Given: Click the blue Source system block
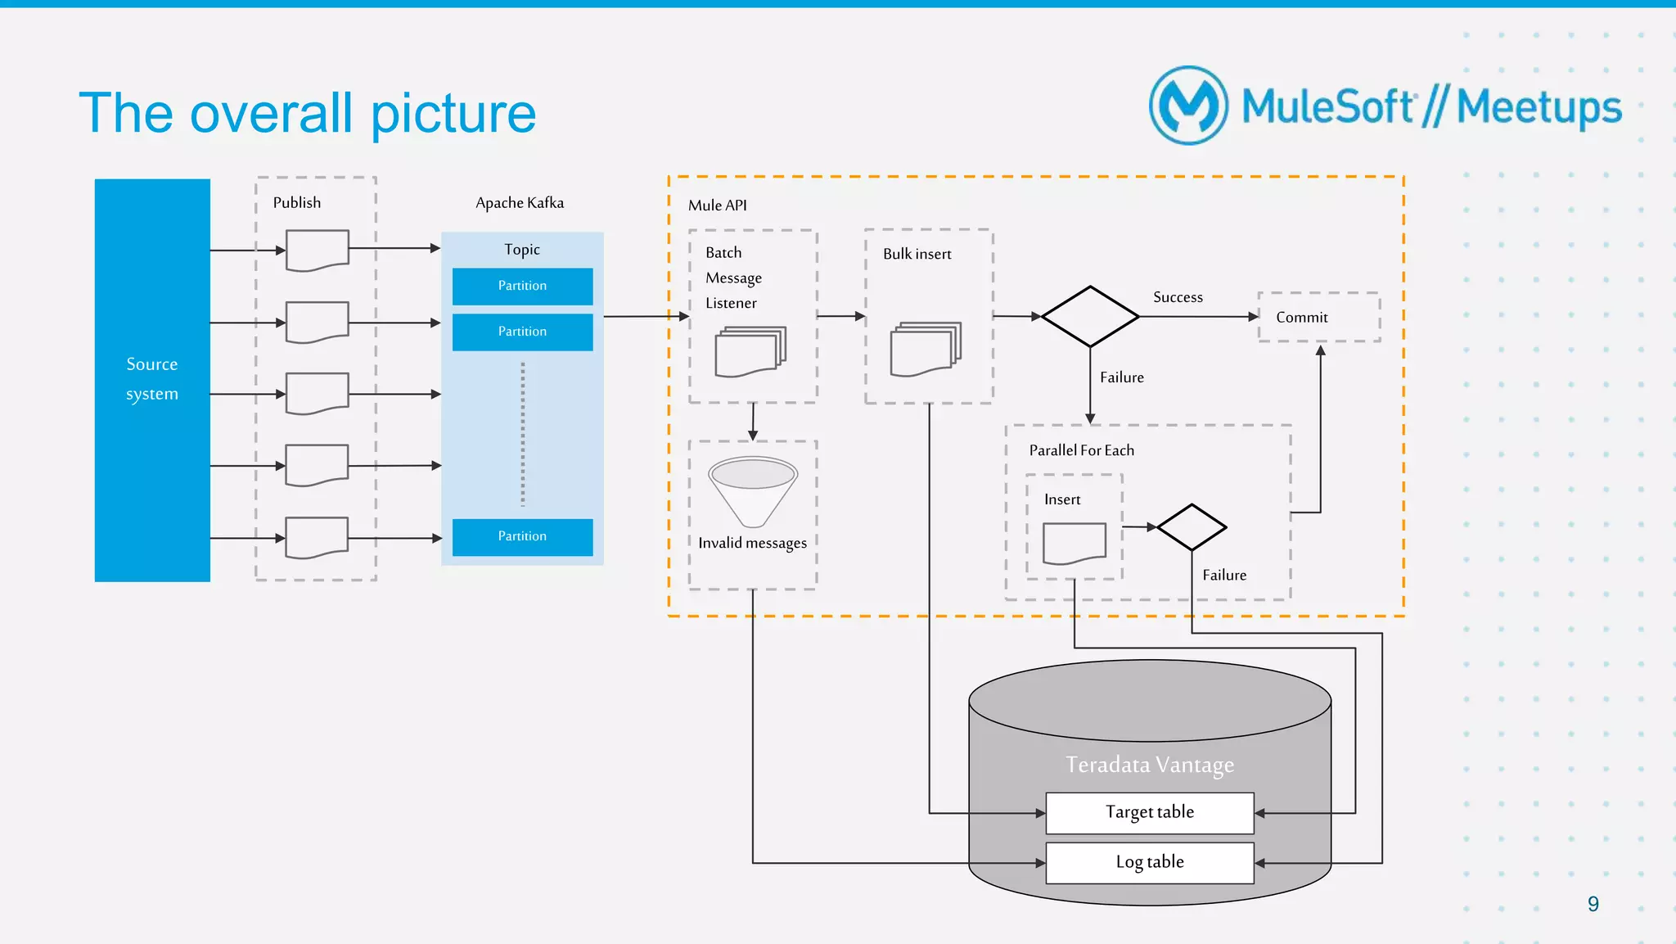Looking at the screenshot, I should (152, 379).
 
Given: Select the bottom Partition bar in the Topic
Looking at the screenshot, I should (522, 536).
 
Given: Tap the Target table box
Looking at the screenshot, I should (1149, 812).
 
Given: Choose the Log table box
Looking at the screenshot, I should (1149, 862).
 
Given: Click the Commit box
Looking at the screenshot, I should (1318, 317).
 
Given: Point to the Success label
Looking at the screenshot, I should (1178, 297).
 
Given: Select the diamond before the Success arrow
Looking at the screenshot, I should (1089, 316).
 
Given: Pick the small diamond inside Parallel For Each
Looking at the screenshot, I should (1192, 527).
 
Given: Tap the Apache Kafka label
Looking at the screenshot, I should (520, 203).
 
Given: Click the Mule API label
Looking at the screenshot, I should (717, 206).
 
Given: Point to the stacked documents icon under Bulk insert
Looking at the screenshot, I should (926, 349).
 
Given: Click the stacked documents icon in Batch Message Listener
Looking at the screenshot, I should (750, 351).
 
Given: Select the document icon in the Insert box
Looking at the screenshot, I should (1074, 544).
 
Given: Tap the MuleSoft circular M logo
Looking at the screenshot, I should (1188, 106).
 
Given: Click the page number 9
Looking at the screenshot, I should (1593, 904).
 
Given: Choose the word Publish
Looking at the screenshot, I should (297, 203).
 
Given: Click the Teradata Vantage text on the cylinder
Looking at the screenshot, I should (1149, 765).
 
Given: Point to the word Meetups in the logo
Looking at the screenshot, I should (1539, 108).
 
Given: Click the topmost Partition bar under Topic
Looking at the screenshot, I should (522, 286).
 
